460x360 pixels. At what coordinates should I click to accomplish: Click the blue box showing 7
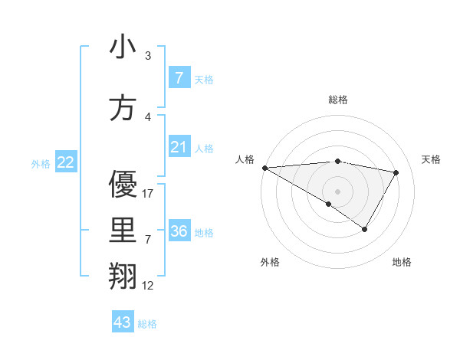point(179,78)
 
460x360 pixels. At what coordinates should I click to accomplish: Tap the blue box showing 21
point(179,147)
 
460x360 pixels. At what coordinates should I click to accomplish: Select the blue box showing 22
point(66,162)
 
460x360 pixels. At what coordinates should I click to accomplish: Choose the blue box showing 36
point(179,231)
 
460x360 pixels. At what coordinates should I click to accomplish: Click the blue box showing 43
point(123,322)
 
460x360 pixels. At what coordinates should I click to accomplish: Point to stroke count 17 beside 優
point(148,194)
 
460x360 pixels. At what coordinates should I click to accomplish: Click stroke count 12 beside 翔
point(148,286)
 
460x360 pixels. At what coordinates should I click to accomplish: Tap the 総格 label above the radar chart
point(338,100)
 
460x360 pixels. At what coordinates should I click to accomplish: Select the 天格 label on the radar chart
point(431,159)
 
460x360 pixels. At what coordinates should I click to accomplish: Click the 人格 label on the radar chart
point(245,159)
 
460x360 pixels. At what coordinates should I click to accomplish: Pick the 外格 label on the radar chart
point(270,262)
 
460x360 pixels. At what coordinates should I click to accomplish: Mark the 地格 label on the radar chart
point(402,262)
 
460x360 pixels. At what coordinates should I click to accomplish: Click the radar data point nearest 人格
point(264,168)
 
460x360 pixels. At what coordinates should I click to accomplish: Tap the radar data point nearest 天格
point(396,172)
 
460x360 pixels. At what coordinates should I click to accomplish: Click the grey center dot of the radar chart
point(337,191)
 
